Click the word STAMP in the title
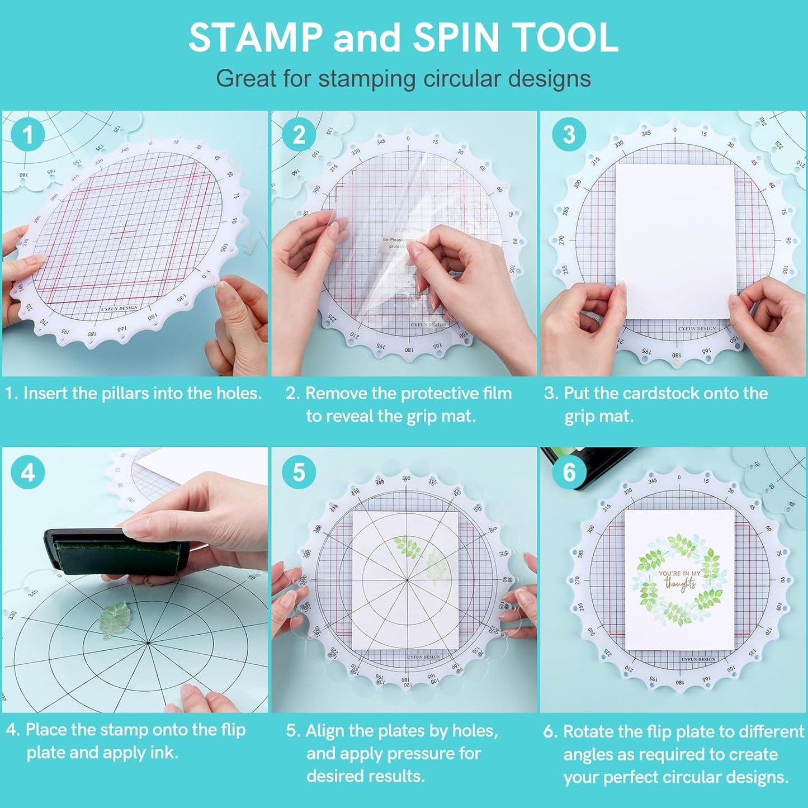[256, 37]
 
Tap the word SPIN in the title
[456, 37]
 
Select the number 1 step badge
[27, 135]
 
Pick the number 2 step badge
[299, 135]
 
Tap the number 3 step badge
[569, 135]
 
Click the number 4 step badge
[27, 472]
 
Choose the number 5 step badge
[299, 472]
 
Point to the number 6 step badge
[569, 472]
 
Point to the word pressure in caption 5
[422, 754]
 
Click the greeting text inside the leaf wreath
[679, 580]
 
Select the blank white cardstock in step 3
[675, 240]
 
